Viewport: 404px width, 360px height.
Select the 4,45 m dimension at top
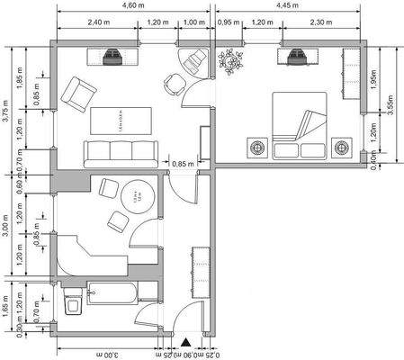click(288, 6)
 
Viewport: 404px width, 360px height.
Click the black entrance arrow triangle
click(185, 342)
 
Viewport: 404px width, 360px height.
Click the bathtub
click(113, 292)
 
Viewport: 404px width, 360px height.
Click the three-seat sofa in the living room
click(120, 154)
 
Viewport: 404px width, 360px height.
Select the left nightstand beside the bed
click(258, 146)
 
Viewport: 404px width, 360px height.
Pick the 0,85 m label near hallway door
click(183, 164)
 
